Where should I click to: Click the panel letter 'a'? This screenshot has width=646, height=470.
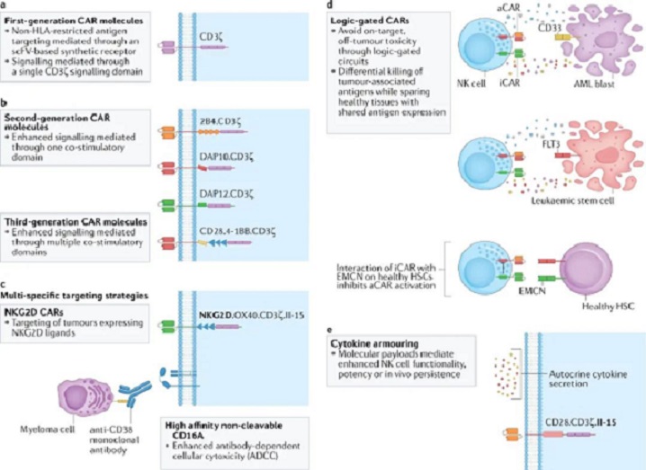click(5, 5)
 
